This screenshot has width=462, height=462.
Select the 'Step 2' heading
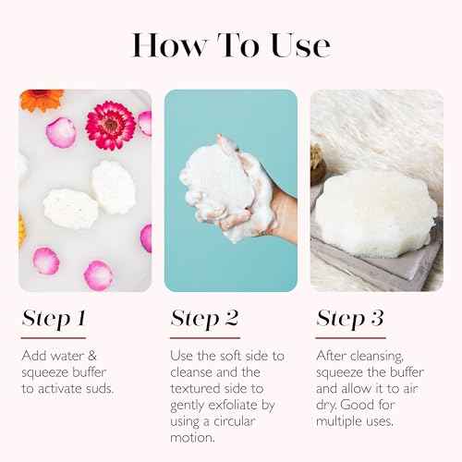tap(204, 319)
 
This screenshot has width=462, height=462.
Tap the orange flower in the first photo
tap(41, 100)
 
